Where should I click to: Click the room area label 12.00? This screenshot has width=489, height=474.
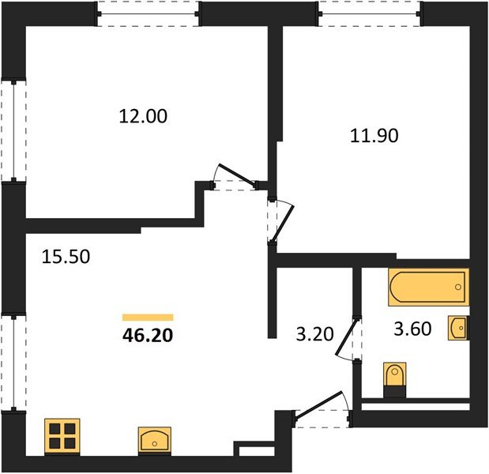143,116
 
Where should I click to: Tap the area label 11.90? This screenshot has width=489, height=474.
374,136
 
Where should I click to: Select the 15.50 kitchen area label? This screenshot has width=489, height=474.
66,257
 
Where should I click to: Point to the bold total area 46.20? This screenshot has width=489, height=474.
148,336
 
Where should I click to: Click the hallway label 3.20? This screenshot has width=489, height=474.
314,334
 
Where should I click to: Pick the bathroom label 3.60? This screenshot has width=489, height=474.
412,329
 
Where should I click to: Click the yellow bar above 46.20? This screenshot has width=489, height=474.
148,317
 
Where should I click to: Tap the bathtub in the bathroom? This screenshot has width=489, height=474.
428,287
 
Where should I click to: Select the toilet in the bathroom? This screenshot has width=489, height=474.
395,380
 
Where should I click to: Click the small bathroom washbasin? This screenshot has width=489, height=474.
458,328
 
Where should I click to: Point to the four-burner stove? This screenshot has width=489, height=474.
62,437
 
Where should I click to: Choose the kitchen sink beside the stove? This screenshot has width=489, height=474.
155,439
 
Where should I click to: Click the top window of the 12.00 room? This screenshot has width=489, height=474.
148,14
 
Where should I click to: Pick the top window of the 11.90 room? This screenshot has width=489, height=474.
370,14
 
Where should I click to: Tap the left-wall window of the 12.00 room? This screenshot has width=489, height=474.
13,131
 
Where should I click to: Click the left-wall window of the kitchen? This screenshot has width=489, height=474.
13,363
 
